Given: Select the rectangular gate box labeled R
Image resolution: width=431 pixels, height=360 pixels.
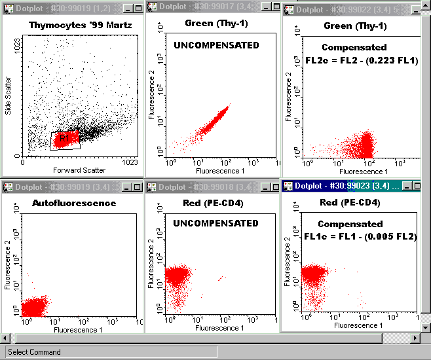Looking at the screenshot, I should pyautogui.click(x=66, y=140).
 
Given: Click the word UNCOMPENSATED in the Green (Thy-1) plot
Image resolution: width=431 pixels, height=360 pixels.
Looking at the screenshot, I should pyautogui.click(x=216, y=46).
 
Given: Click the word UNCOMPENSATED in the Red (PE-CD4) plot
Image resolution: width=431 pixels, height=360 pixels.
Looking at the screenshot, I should pyautogui.click(x=216, y=223).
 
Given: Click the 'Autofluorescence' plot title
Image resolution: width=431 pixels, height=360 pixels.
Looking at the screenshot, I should pyautogui.click(x=74, y=203).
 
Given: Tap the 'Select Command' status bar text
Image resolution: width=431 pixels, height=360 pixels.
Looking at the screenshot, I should pyautogui.click(x=34, y=352).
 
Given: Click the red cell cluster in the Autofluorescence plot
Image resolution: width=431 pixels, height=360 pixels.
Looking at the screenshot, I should pyautogui.click(x=35, y=306).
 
